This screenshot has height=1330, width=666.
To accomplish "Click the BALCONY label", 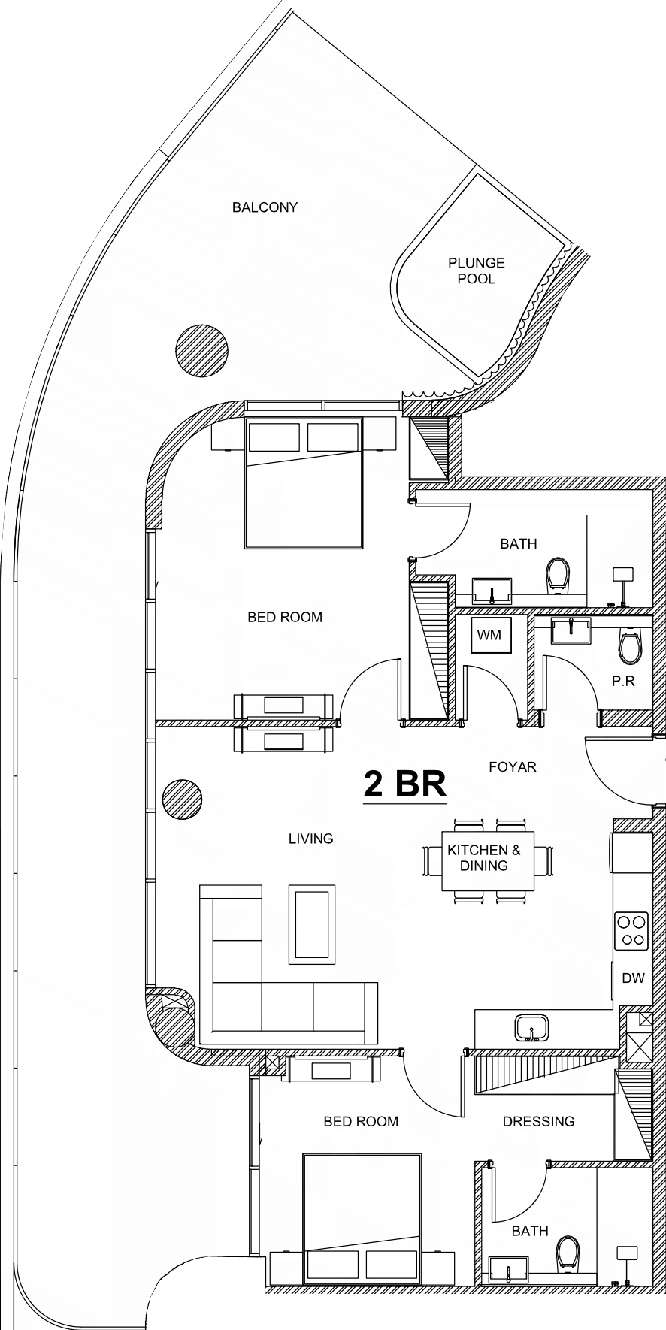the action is [x=265, y=207].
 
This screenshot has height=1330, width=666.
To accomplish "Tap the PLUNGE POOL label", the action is [x=477, y=271].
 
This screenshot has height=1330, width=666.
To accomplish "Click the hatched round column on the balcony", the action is [x=202, y=351].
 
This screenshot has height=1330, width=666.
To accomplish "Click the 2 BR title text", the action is [x=405, y=784].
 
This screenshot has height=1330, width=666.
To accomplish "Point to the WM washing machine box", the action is [x=489, y=636].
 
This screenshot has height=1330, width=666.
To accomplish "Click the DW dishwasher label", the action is [x=634, y=978].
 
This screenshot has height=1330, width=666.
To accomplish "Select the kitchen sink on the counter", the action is [x=531, y=1028].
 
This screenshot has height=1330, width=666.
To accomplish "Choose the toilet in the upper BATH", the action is [x=558, y=576].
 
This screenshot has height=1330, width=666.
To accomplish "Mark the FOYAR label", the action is [x=513, y=767].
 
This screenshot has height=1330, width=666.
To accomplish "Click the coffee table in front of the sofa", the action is [x=312, y=923].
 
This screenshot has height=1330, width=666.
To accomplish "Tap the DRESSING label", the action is [x=538, y=1121].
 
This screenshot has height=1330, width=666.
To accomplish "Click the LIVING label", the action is [x=310, y=839].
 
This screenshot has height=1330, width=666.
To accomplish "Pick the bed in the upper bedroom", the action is [x=303, y=482].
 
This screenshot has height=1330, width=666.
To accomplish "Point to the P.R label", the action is [x=623, y=681].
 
